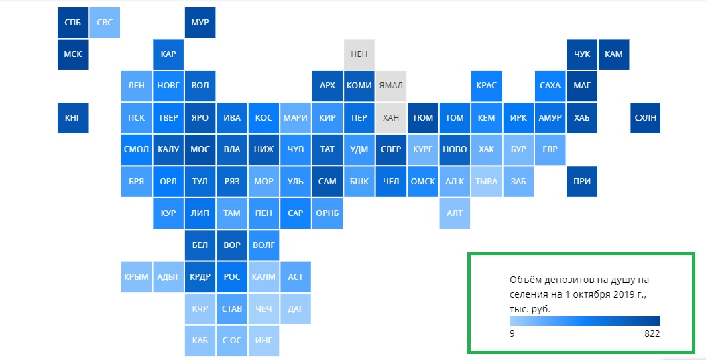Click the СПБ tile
coord(73,23)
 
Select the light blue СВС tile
coord(105,23)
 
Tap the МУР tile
coord(200,23)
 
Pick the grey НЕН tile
coord(359,54)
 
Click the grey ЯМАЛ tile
coord(391,86)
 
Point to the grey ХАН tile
coord(391,118)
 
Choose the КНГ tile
coord(73,118)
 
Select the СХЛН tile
coord(645,118)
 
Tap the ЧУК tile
coord(582,54)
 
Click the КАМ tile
coord(613,54)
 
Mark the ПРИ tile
coord(582,182)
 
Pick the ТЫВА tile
coord(486,182)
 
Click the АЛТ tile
coord(455,213)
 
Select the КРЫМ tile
coord(136,277)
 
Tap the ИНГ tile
coord(263,341)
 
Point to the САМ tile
coord(327,182)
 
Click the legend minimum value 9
coord(512,333)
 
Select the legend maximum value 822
coord(652,333)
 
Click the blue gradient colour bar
coord(585,321)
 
